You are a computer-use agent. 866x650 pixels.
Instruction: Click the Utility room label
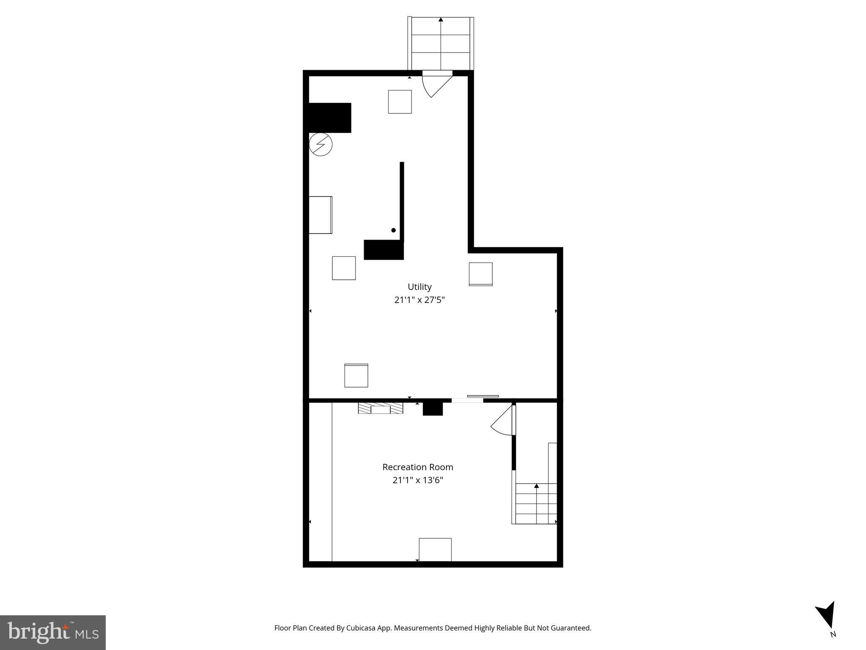coord(419,287)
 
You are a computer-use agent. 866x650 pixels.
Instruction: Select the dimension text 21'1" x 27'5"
coord(419,300)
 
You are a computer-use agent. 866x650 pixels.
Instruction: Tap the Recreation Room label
coord(418,467)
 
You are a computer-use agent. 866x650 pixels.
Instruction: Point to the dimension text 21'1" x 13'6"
coord(418,480)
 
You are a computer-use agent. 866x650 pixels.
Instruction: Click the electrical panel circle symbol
coord(321,145)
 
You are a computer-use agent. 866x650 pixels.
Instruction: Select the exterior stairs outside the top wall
coord(441,44)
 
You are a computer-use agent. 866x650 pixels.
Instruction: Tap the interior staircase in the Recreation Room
coord(536,504)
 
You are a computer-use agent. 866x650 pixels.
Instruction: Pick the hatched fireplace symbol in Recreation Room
coord(381,408)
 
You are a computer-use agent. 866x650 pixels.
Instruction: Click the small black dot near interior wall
coord(393,230)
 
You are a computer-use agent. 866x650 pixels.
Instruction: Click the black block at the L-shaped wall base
coord(384,250)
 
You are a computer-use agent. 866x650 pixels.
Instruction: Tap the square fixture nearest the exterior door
coord(400,102)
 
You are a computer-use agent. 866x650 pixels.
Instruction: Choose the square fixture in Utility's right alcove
coord(481,274)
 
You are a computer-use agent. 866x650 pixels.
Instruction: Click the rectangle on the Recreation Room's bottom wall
coord(435,549)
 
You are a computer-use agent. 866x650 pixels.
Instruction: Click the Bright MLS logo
coord(53,632)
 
